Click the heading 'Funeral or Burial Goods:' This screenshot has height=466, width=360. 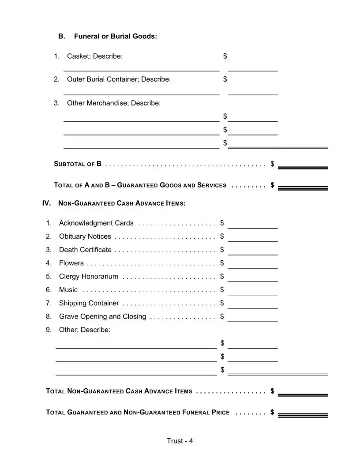click(x=115, y=36)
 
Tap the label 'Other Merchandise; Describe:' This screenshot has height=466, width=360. click(x=114, y=103)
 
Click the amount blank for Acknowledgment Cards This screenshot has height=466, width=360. click(x=252, y=225)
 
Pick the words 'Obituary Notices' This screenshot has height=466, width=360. click(x=85, y=237)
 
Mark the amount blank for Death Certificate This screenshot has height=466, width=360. click(x=252, y=252)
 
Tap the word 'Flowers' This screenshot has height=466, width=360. click(x=71, y=263)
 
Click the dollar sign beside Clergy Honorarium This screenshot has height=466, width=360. click(x=222, y=277)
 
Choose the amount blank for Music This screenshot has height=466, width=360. click(x=252, y=291)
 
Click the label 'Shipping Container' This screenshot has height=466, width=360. click(x=89, y=303)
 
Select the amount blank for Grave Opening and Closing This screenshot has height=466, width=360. click(x=252, y=318)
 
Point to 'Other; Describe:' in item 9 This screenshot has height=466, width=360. click(x=85, y=330)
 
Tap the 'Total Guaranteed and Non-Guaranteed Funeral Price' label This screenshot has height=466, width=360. click(x=138, y=413)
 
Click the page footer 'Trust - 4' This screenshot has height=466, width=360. click(x=180, y=441)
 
